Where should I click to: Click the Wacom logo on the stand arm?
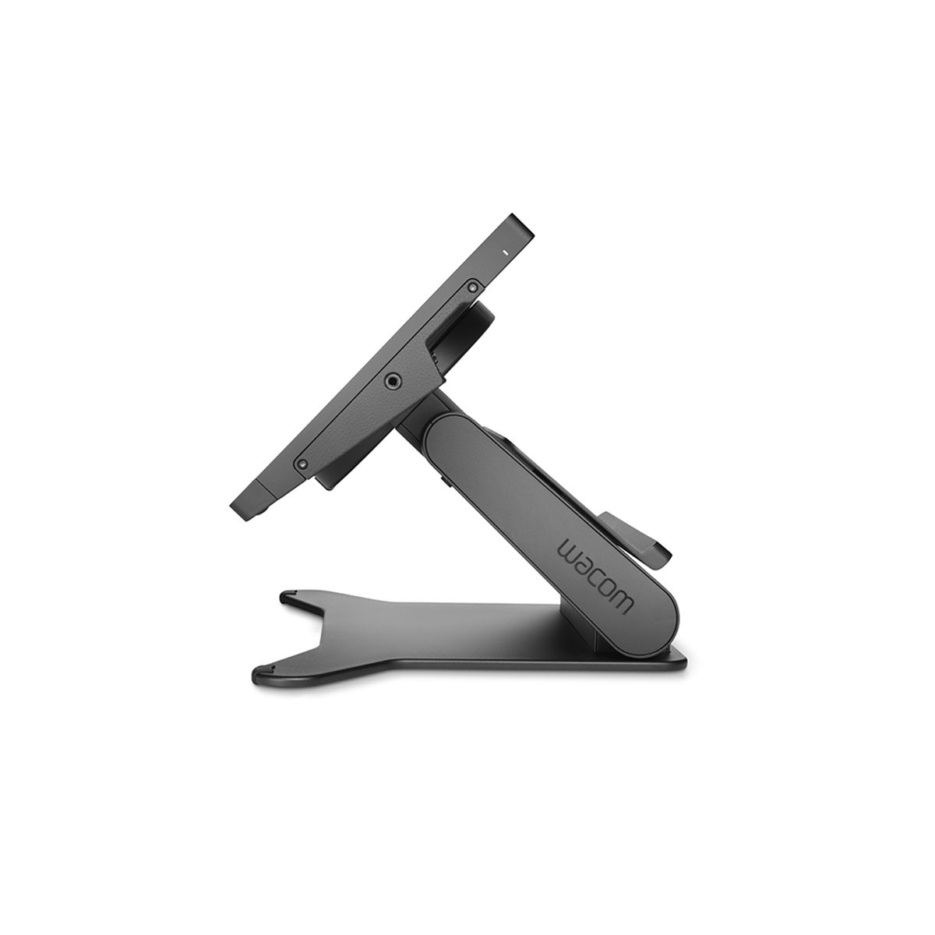(x=595, y=575)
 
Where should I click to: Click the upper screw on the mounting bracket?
(x=471, y=288)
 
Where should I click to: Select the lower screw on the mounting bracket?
(x=302, y=464)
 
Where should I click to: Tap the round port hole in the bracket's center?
(x=392, y=380)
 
